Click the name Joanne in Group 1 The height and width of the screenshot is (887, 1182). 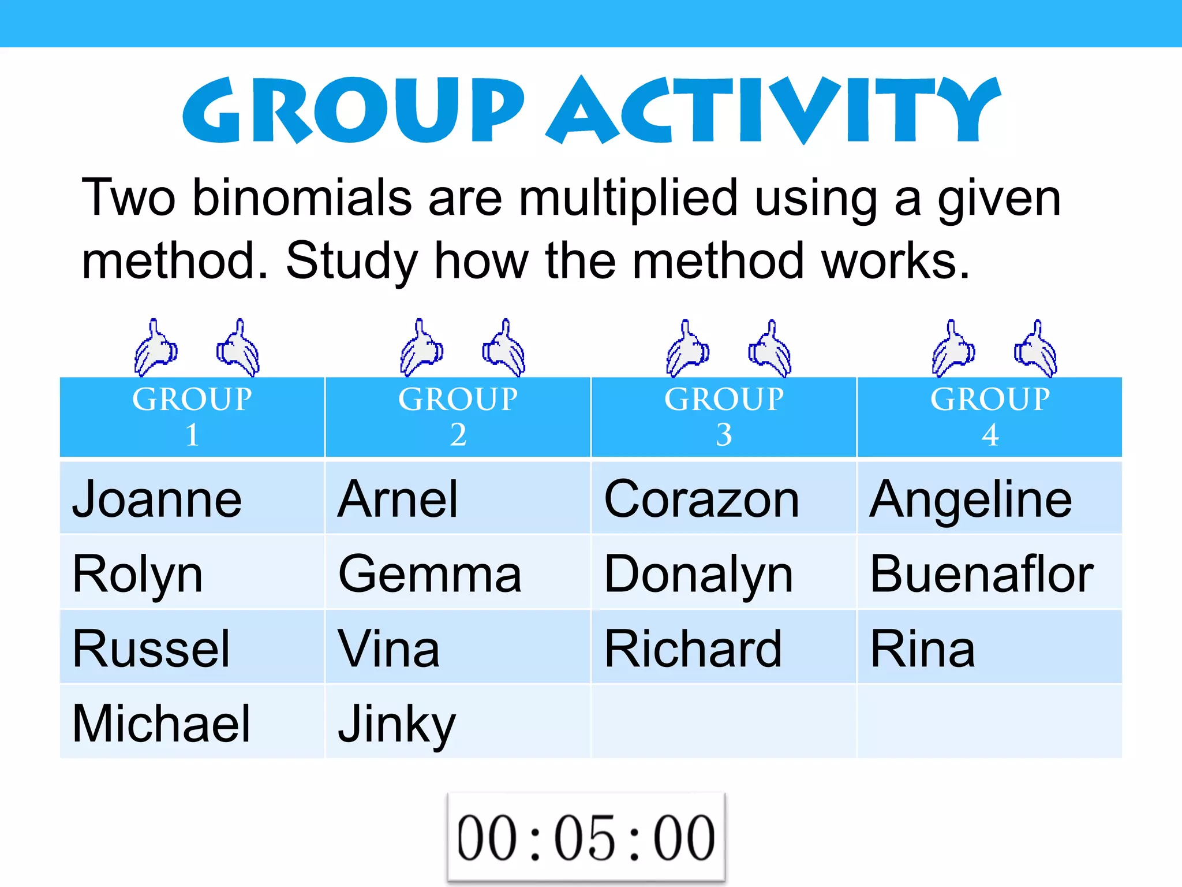[x=157, y=499]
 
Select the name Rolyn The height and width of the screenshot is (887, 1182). [x=137, y=574]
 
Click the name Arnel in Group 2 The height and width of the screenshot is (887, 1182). [x=398, y=499]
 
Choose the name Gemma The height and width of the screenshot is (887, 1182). [x=430, y=574]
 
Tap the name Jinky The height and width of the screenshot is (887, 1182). [x=397, y=725]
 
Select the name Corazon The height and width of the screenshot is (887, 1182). [x=702, y=499]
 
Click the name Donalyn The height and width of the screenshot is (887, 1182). [x=698, y=574]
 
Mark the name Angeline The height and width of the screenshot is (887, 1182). [x=971, y=499]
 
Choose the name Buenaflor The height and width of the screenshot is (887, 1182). [x=982, y=574]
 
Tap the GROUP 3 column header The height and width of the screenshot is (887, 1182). [x=724, y=416]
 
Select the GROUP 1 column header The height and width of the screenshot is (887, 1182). [x=192, y=416]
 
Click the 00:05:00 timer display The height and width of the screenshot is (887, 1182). [x=586, y=837]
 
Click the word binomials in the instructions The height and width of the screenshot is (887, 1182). [x=302, y=198]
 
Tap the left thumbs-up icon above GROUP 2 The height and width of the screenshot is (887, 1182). [x=421, y=348]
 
